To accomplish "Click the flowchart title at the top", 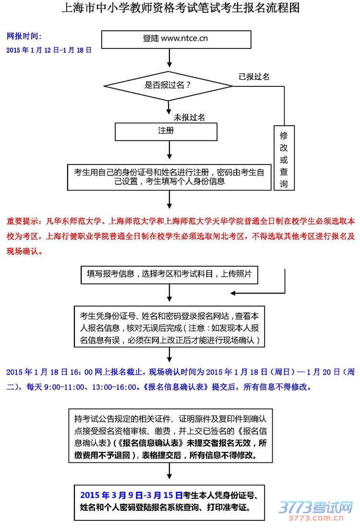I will coord(180,8).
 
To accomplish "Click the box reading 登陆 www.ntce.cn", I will coord(176,39).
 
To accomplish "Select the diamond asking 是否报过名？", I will coord(168,86).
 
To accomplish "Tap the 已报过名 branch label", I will coord(254,76).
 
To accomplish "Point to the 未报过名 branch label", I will coord(189,117).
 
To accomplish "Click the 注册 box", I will coord(166,131).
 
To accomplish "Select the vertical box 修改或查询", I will coord(284,158).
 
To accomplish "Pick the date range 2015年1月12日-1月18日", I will coord(49,49).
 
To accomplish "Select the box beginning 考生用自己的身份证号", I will coord(169,177).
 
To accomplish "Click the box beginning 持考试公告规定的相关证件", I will coord(169,436).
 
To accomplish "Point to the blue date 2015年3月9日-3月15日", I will coord(132,495).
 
